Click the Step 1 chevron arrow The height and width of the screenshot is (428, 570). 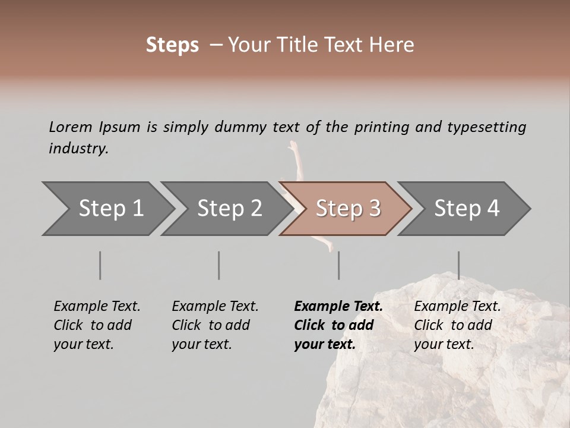tap(110, 209)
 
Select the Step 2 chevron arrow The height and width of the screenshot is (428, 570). tap(229, 209)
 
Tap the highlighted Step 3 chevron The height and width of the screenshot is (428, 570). tap(347, 209)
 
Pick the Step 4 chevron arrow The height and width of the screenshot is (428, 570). tap(466, 209)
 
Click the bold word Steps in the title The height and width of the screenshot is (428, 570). tap(172, 45)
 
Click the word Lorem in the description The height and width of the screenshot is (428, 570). tap(70, 127)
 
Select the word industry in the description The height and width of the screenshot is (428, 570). tap(78, 148)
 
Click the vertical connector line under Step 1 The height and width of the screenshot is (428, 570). tap(100, 265)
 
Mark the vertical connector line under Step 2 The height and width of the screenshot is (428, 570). tap(219, 265)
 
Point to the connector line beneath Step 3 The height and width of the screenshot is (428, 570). tap(338, 265)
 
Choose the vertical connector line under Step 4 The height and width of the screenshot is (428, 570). tap(458, 265)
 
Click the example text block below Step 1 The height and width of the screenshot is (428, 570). tap(97, 325)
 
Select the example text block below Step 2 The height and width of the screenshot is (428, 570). tap(215, 325)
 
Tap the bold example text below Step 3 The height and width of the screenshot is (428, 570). tap(338, 325)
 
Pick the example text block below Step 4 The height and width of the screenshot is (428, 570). tap(457, 325)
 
